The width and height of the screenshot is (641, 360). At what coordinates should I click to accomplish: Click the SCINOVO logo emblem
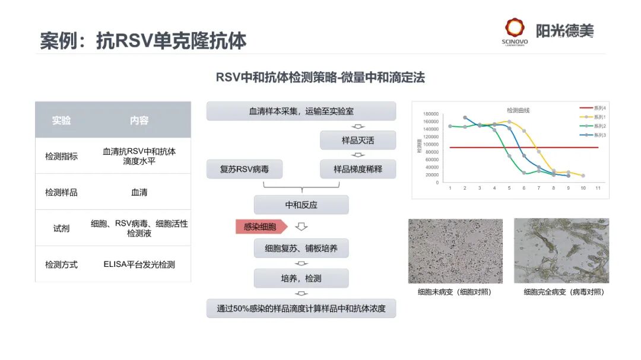click(515, 28)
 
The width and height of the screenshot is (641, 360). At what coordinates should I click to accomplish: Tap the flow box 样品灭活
click(357, 141)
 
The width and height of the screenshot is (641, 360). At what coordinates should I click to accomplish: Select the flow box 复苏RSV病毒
click(244, 169)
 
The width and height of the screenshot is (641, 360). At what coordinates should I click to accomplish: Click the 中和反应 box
click(301, 205)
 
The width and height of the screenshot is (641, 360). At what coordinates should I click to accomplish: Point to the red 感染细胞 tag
click(261, 227)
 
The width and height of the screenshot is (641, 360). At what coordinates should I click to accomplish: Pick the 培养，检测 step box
click(301, 278)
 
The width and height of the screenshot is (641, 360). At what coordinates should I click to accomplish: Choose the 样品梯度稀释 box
click(357, 169)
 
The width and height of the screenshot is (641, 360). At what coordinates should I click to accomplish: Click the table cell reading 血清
click(139, 192)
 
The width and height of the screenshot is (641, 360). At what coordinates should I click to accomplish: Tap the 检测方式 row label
click(61, 265)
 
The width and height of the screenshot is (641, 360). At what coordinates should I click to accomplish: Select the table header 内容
click(139, 120)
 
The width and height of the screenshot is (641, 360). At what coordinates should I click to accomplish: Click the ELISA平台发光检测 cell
click(139, 265)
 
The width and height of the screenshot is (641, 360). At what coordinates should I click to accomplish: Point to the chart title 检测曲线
click(518, 110)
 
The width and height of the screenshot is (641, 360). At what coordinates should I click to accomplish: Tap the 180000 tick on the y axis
click(430, 114)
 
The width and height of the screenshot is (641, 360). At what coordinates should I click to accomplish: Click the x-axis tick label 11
click(598, 188)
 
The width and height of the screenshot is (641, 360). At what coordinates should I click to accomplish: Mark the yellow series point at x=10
click(583, 176)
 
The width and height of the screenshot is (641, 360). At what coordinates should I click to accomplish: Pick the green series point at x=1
click(450, 126)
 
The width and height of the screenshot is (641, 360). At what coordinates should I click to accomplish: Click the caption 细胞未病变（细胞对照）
click(455, 292)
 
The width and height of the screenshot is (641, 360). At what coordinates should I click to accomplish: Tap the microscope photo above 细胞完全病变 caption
click(561, 251)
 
